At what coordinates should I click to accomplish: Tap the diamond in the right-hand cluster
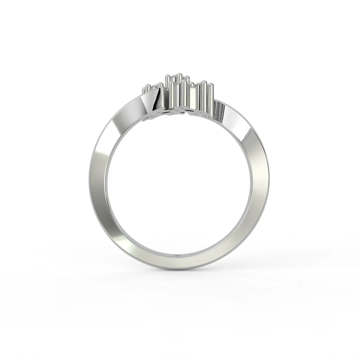click(196, 86)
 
